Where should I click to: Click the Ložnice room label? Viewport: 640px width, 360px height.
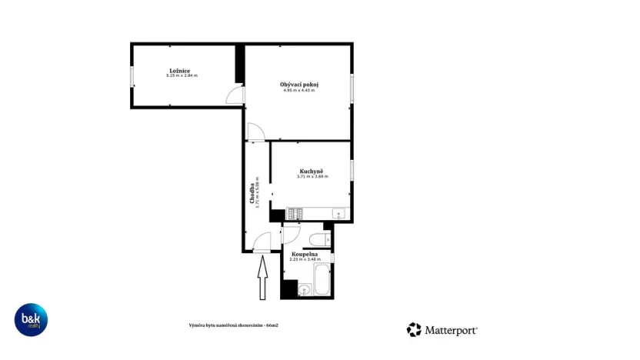182,71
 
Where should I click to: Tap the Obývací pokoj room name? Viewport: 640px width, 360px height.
299,84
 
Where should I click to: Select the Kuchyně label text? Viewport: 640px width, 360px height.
312,171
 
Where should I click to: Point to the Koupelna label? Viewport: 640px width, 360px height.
305,254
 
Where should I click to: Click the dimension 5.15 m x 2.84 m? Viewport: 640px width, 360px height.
182,76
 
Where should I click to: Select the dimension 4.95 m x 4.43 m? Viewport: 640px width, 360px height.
299,90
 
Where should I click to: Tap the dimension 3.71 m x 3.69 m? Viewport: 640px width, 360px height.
312,177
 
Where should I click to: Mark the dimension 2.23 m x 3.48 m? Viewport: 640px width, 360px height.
305,259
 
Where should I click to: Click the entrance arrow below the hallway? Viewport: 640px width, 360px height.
262,278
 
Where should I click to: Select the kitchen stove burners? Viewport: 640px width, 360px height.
295,213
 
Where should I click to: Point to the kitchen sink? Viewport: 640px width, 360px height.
337,213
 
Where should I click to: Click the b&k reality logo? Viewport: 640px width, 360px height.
32,319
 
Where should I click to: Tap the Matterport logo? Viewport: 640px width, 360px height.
442,330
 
